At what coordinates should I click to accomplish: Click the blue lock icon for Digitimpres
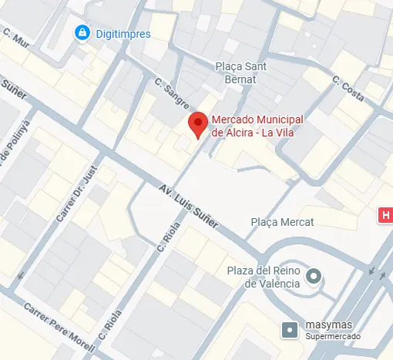(81, 33)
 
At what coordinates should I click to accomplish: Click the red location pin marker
(198, 124)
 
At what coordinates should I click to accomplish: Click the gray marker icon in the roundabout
(314, 276)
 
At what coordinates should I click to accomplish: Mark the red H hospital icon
(385, 215)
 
